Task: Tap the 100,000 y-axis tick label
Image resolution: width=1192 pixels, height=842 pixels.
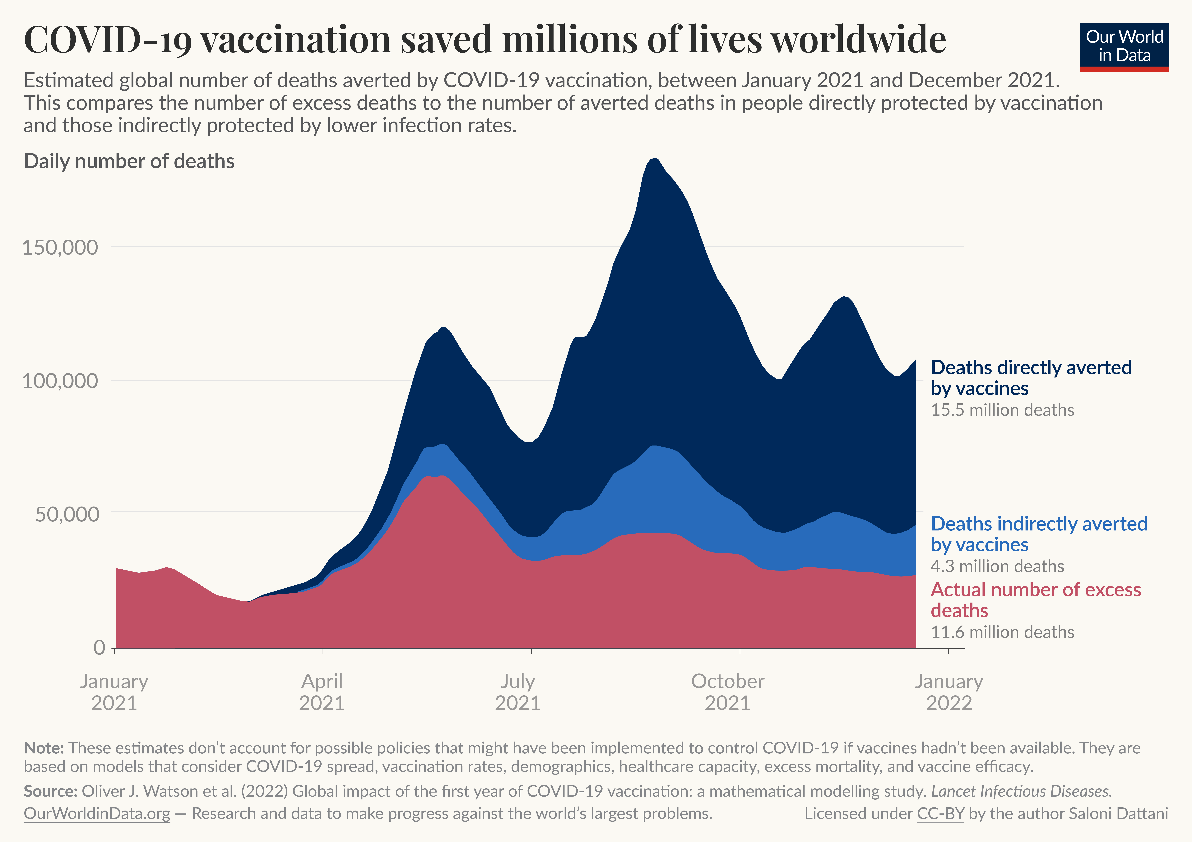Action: pyautogui.click(x=60, y=381)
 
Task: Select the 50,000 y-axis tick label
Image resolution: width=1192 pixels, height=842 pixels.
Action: pyautogui.click(x=66, y=514)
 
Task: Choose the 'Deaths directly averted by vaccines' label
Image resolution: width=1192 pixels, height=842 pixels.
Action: pyautogui.click(x=1031, y=377)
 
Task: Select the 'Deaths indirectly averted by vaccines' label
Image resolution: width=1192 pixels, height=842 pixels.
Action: pyautogui.click(x=1038, y=534)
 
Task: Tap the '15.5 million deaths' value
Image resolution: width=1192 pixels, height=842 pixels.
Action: pyautogui.click(x=1002, y=410)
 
